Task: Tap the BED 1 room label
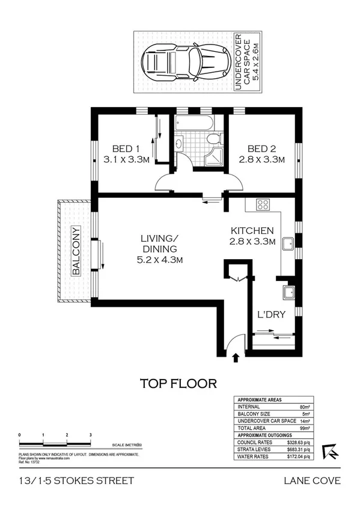tap(126, 149)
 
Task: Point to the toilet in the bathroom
tap(213, 140)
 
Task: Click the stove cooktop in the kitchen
tap(263, 204)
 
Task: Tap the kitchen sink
tap(288, 245)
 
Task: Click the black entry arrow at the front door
tap(236, 358)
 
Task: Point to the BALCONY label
tap(76, 251)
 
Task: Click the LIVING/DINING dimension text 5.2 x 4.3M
tap(159, 260)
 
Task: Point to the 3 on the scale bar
tap(90, 433)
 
